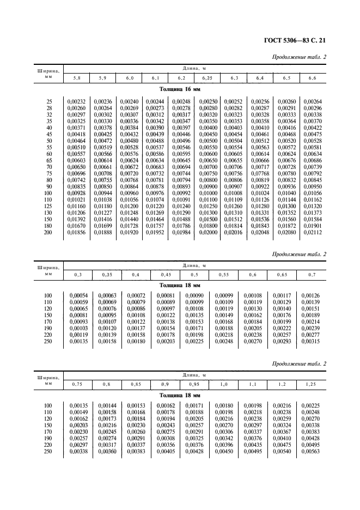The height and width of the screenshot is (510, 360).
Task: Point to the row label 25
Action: point(50,101)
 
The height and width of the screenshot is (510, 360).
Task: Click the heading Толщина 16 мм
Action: point(180,89)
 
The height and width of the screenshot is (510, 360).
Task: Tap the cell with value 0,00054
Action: point(77,295)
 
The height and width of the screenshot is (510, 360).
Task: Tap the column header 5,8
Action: point(76,79)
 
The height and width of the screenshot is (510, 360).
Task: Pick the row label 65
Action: point(50,160)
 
